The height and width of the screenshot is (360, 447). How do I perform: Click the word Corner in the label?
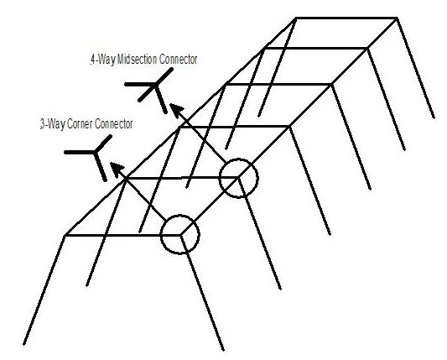coord(81,124)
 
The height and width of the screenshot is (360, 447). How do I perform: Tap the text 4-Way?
coord(103,60)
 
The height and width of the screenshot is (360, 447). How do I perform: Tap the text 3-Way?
coord(54,124)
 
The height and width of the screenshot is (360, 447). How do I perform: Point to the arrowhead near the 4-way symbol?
coord(177,110)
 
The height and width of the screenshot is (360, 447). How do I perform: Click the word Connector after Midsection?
coord(178,60)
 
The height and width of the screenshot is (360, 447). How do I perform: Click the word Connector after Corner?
coord(113,124)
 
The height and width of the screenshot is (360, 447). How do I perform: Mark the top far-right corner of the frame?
coord(397,18)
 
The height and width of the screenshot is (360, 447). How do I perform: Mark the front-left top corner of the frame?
coord(65,236)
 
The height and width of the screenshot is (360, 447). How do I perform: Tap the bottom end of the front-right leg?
coord(223,350)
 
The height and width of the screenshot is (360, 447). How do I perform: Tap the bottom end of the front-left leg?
coord(24,345)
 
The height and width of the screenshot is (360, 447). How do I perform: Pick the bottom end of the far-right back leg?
coord(434,117)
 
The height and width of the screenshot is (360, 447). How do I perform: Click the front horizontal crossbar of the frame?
coord(123,235)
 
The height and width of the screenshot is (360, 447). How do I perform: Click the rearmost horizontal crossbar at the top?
coord(346,18)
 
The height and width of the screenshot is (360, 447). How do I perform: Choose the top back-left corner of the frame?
coord(296,18)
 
